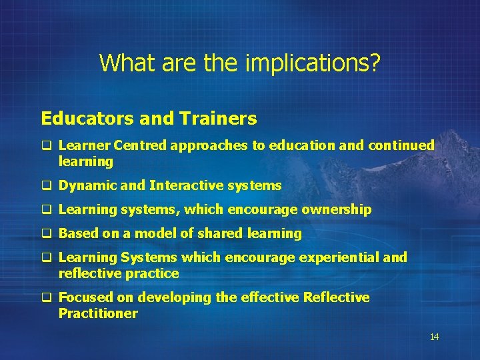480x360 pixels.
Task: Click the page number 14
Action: click(434, 337)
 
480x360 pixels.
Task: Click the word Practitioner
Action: click(98, 313)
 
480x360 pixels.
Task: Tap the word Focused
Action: click(85, 297)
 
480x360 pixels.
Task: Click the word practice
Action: click(155, 273)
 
